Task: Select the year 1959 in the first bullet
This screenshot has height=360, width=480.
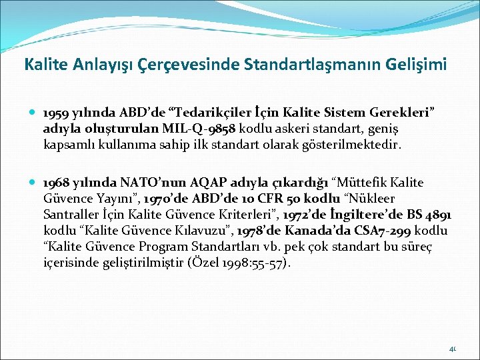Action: (x=55, y=113)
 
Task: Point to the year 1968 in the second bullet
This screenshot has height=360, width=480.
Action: (x=55, y=183)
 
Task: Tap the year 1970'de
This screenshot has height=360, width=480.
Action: (x=170, y=199)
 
